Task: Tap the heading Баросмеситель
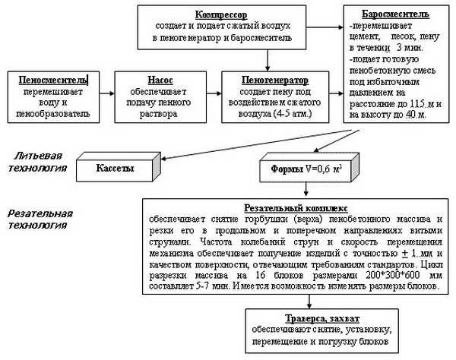click(x=386, y=14)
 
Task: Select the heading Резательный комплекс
click(x=294, y=207)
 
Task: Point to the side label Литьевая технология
click(x=33, y=160)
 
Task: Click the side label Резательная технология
click(x=37, y=219)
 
